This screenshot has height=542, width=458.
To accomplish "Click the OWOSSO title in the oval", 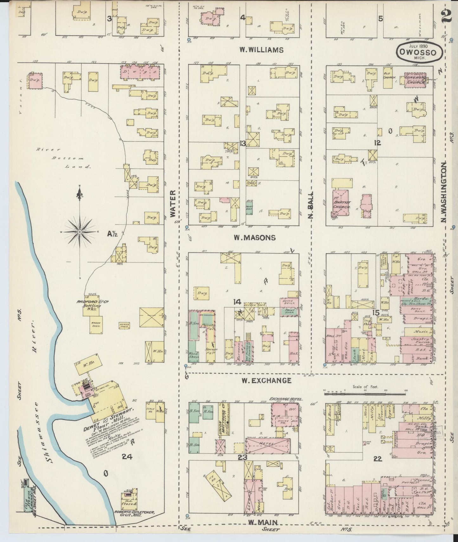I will coord(420,53).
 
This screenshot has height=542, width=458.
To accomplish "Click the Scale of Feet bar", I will coord(365,394).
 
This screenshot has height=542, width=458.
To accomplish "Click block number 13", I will coord(243,144).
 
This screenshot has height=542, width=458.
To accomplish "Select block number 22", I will coord(377,458).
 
